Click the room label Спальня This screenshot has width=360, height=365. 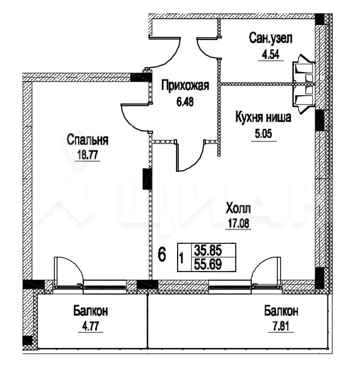(x=87, y=140)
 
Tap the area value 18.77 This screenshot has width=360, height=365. (x=87, y=155)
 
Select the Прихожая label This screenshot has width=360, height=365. (x=185, y=85)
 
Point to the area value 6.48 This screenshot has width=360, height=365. (x=185, y=102)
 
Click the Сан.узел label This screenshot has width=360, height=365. (x=270, y=38)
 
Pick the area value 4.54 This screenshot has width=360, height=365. (x=270, y=55)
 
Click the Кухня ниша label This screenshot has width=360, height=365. (x=263, y=117)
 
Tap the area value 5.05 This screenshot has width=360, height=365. (x=263, y=134)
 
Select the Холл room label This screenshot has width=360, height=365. (x=238, y=208)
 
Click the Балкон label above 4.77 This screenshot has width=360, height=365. (x=91, y=311)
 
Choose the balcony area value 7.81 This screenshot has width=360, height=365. (x=281, y=326)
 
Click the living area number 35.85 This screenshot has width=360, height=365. (x=208, y=250)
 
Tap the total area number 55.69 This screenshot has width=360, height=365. (x=208, y=264)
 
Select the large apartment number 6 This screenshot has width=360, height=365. (x=162, y=255)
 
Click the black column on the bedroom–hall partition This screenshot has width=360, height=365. (x=147, y=179)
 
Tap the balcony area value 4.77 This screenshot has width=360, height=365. (x=91, y=326)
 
